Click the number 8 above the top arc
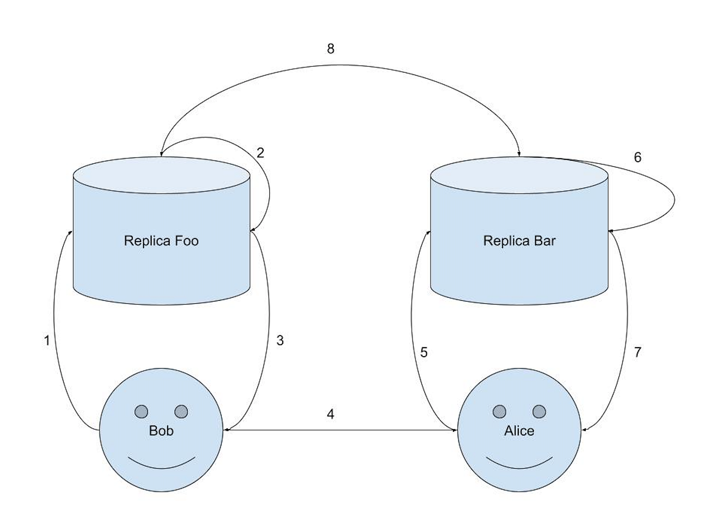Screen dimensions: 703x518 (330, 49)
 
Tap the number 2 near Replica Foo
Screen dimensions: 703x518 (260, 153)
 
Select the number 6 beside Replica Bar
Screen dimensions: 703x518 (637, 157)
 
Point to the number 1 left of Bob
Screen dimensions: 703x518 (47, 340)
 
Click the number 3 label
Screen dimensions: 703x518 (280, 340)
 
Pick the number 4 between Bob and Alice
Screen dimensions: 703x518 (330, 414)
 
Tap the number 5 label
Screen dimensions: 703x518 (424, 352)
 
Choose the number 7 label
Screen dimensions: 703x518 (637, 352)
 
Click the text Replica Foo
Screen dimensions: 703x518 (161, 241)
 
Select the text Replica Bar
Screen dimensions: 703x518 (519, 241)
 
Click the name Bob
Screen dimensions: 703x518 (161, 431)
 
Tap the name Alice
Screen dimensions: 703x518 (519, 431)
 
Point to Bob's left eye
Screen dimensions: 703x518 (141, 411)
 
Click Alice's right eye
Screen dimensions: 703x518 (539, 411)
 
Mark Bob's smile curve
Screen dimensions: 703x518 (161, 468)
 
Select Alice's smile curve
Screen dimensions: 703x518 (519, 468)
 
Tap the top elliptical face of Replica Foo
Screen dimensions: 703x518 (161, 175)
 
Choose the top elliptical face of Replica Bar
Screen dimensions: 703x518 (519, 175)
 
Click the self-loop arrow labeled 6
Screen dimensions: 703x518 (675, 199)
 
